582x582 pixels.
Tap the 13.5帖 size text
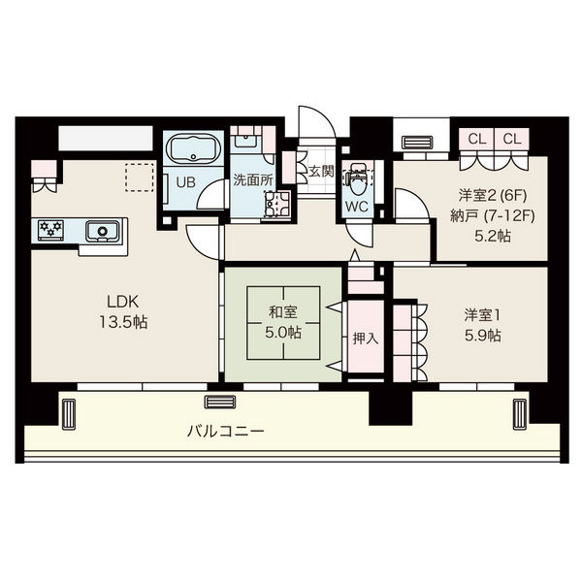(x=121, y=321)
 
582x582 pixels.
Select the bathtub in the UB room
(x=194, y=151)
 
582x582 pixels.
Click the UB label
(x=184, y=180)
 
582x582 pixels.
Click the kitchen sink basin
(x=100, y=232)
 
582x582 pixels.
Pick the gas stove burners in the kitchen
(x=51, y=230)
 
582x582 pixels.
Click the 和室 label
(x=282, y=313)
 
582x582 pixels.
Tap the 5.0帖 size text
(x=282, y=332)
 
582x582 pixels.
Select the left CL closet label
(x=476, y=139)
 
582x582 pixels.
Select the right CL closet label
(x=511, y=139)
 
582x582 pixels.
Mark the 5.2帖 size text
(x=490, y=236)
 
